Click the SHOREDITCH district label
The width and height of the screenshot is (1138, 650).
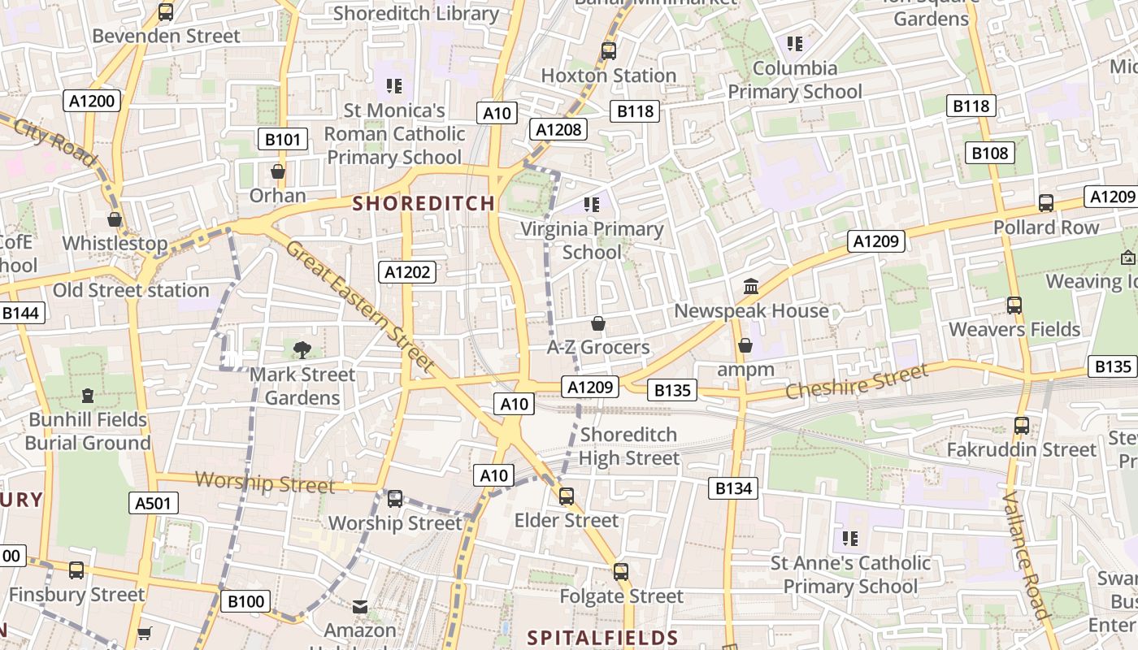(x=423, y=203)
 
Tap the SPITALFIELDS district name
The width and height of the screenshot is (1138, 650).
(x=602, y=638)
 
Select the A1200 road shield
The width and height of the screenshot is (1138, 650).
(x=93, y=101)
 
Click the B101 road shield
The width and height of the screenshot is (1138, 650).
(x=283, y=139)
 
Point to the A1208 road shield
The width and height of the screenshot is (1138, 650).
(x=559, y=128)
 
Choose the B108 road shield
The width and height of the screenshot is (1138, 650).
(x=989, y=153)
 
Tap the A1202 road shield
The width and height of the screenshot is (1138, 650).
(x=407, y=272)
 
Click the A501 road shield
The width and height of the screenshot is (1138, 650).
(x=153, y=503)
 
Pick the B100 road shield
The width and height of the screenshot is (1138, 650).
(x=245, y=601)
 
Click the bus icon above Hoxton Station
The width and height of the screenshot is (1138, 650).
(x=609, y=51)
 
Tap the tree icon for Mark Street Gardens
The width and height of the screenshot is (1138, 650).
(x=302, y=350)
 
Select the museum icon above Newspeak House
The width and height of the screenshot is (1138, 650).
(x=751, y=287)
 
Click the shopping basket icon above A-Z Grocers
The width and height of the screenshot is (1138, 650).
(x=598, y=323)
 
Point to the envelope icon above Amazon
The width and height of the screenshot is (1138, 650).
(x=360, y=606)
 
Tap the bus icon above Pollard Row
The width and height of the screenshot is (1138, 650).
(x=1046, y=203)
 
